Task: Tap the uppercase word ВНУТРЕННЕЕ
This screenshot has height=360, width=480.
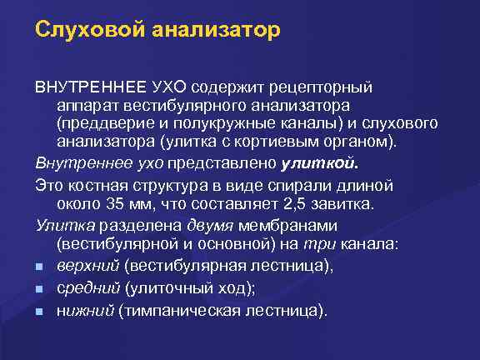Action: pyautogui.click(x=90, y=87)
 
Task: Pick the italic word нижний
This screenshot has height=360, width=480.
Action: pyautogui.click(x=85, y=311)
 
